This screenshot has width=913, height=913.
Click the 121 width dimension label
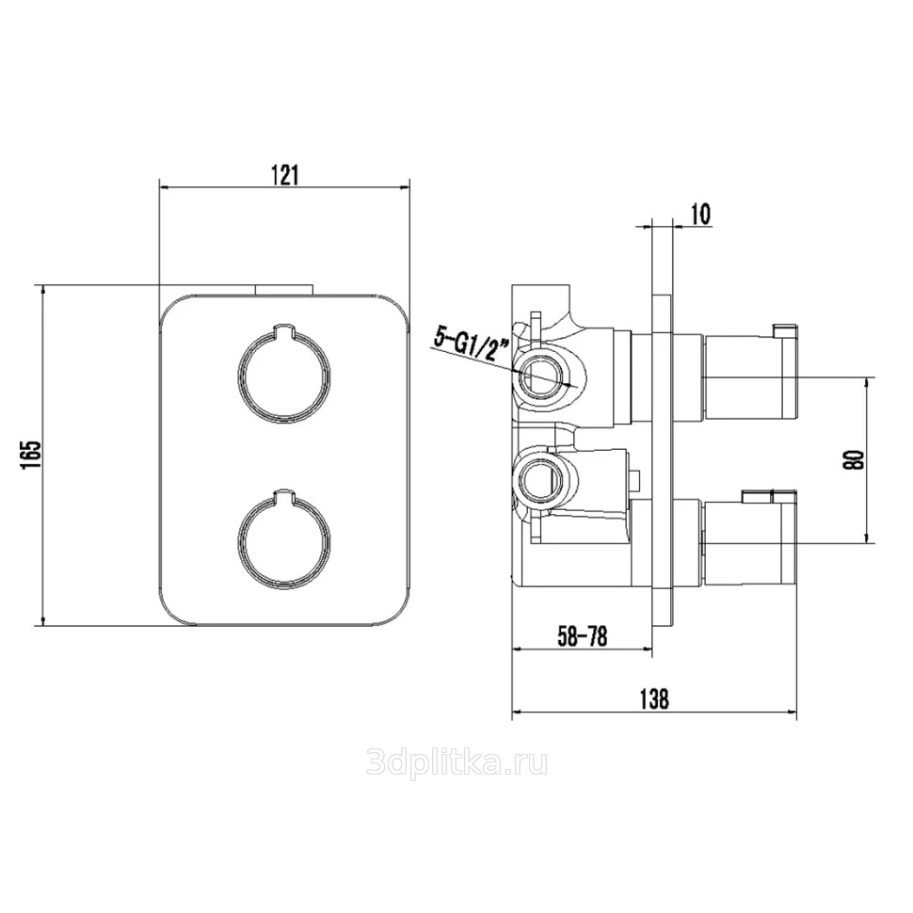pyautogui.click(x=285, y=175)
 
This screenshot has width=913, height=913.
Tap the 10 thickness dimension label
pyautogui.click(x=701, y=215)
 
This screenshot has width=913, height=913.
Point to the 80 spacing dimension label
pyautogui.click(x=855, y=460)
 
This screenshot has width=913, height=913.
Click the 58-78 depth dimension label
pyautogui.click(x=583, y=636)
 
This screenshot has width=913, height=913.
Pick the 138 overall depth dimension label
pyautogui.click(x=654, y=698)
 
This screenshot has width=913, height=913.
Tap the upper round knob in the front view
pyautogui.click(x=284, y=374)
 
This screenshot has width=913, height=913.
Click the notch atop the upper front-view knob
pyautogui.click(x=284, y=330)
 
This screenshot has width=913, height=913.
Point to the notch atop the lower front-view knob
pyautogui.click(x=284, y=494)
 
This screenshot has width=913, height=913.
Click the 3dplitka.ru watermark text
pyautogui.click(x=456, y=763)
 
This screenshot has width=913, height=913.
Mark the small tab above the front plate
pyautogui.click(x=284, y=290)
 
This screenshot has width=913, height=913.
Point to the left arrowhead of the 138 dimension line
pyautogui.click(x=516, y=713)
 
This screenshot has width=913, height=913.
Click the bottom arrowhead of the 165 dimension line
pyautogui.click(x=42, y=620)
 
